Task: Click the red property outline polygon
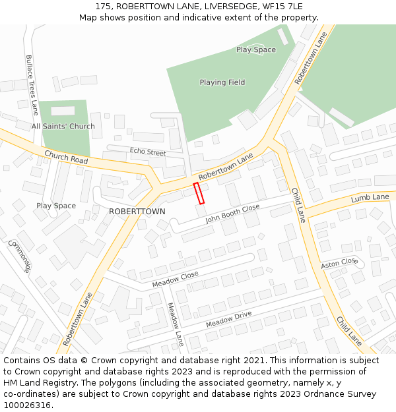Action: (199, 193)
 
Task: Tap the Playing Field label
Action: (222, 82)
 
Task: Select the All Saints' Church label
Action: (63, 126)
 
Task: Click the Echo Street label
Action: (148, 152)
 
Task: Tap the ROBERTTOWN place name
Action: (137, 211)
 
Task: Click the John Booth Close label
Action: (232, 214)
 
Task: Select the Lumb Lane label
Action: (370, 198)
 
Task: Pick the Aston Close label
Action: (339, 263)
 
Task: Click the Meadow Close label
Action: (175, 280)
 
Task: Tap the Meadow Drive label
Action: (229, 320)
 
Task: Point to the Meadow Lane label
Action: (175, 324)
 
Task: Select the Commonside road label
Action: (20, 255)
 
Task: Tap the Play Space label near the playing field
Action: (256, 49)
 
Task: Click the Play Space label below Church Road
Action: (56, 206)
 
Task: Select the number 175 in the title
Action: (102, 6)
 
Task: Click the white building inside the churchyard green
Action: (63, 111)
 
